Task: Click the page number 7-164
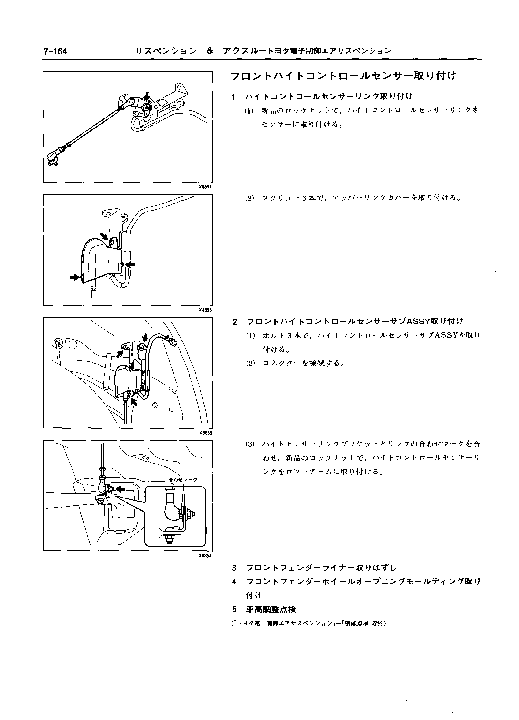tap(56, 51)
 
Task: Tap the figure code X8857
tap(205, 187)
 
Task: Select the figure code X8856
tap(205, 310)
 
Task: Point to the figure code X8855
tap(205, 433)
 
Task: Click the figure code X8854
tap(205, 556)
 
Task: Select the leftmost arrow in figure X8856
tap(75, 277)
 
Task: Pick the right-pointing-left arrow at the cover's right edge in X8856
tap(130, 264)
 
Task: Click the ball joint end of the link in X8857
tap(52, 156)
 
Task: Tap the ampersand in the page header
tap(210, 51)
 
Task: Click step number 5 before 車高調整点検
tap(235, 610)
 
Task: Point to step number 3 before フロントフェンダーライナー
tap(235, 568)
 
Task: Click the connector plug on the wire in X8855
tap(173, 343)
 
